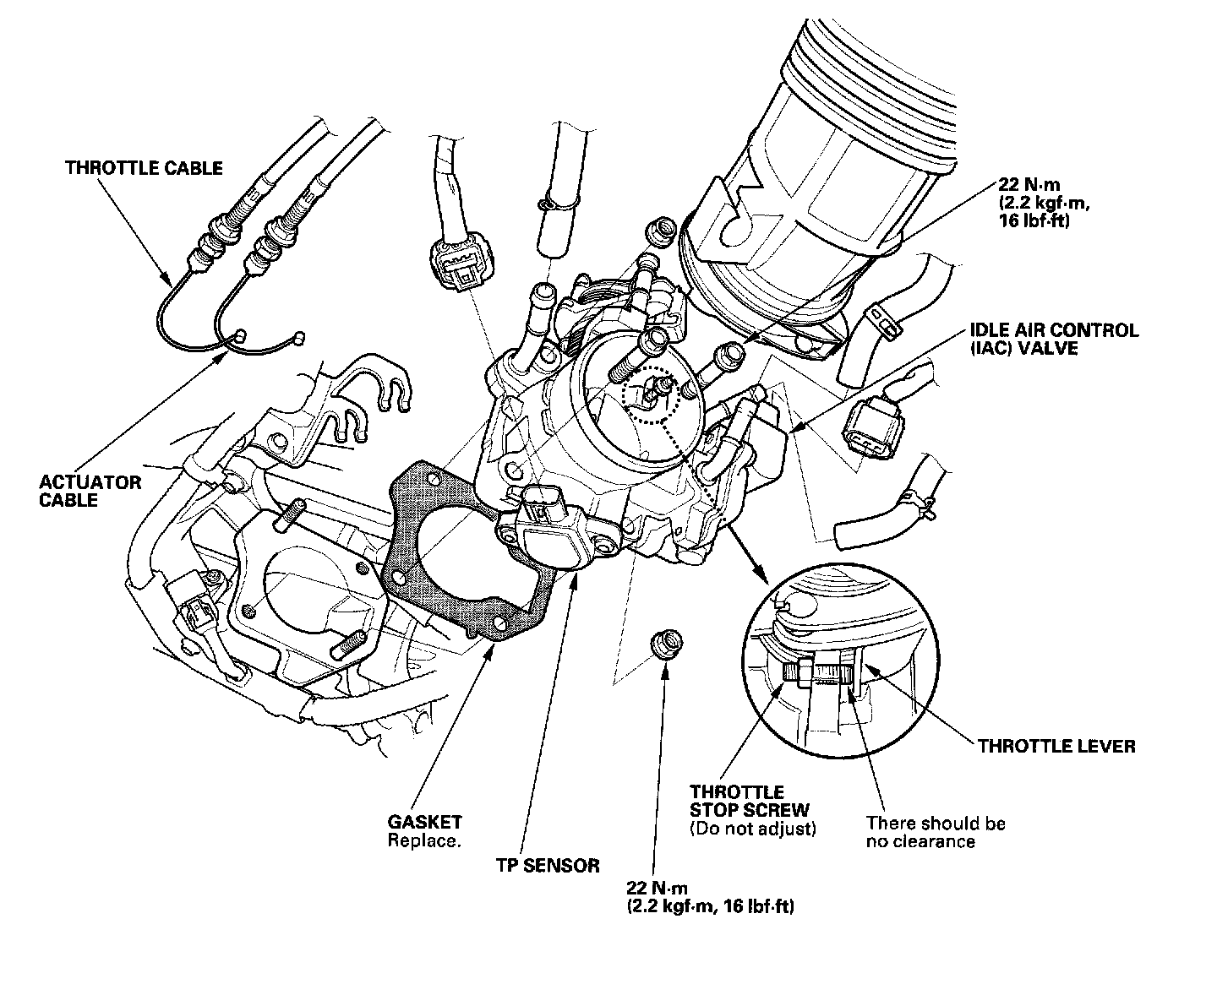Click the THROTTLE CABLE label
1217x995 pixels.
tap(144, 168)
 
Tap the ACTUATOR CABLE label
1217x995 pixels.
tap(90, 491)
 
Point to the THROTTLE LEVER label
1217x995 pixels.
tap(1056, 746)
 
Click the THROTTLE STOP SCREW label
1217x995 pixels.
tap(749, 801)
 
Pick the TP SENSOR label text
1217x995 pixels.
tap(548, 865)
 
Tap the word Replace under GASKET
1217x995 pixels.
tap(424, 840)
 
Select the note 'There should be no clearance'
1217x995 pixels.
tap(936, 832)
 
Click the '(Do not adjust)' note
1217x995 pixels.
tap(753, 829)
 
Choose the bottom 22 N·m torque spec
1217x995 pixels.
tap(710, 897)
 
